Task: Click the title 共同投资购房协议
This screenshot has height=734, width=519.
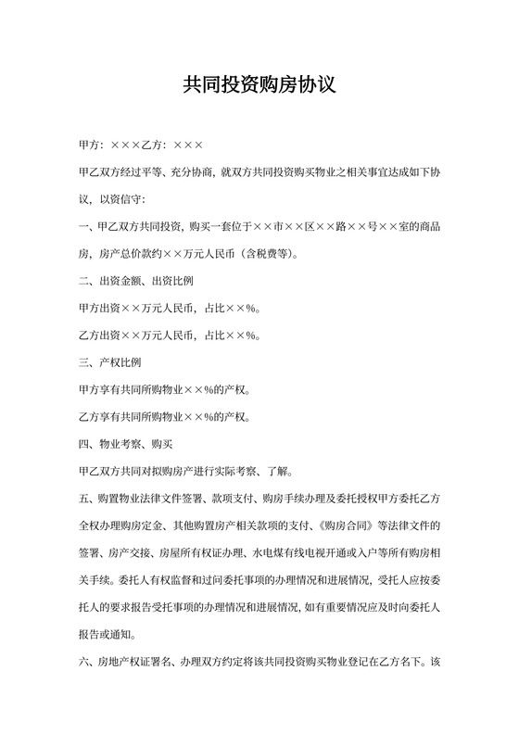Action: click(259, 85)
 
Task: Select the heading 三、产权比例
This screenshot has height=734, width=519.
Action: click(110, 361)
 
